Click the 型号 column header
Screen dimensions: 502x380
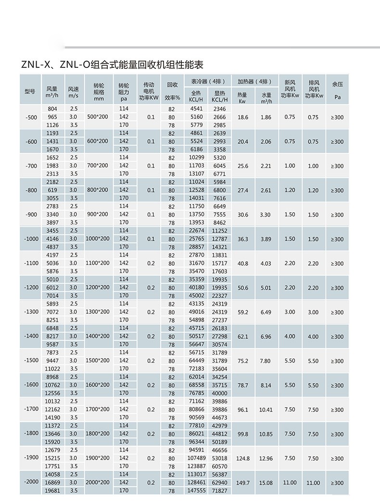pyautogui.click(x=30, y=91)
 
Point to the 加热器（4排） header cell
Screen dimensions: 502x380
pyautogui.click(x=254, y=81)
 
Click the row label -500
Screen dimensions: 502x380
pyautogui.click(x=30, y=117)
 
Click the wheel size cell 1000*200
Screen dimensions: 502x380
pyautogui.click(x=98, y=239)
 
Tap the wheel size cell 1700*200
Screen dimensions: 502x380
pyautogui.click(x=98, y=409)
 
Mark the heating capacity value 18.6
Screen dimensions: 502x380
pyautogui.click(x=243, y=117)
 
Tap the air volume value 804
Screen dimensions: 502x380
pyautogui.click(x=52, y=109)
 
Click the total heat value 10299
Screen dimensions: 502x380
pyautogui.click(x=196, y=158)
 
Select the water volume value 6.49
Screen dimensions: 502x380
pyautogui.click(x=266, y=312)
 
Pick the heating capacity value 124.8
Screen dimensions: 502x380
pyautogui.click(x=243, y=458)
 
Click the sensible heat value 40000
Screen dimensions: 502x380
pyautogui.click(x=219, y=393)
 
